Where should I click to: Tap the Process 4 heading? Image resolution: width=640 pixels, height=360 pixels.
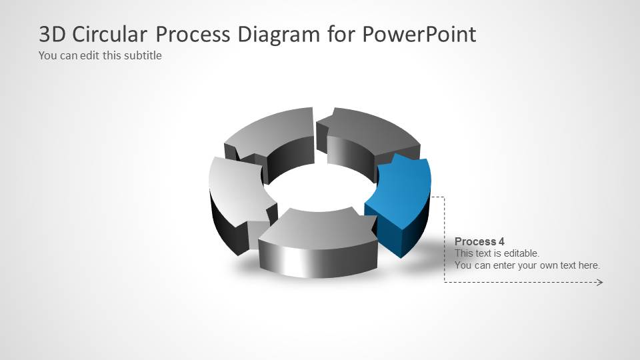click(x=475, y=241)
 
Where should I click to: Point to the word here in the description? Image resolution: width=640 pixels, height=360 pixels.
click(x=587, y=265)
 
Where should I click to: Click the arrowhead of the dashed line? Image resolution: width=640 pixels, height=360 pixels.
click(x=599, y=283)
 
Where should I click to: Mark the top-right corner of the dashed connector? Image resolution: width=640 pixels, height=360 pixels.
click(x=444, y=197)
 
